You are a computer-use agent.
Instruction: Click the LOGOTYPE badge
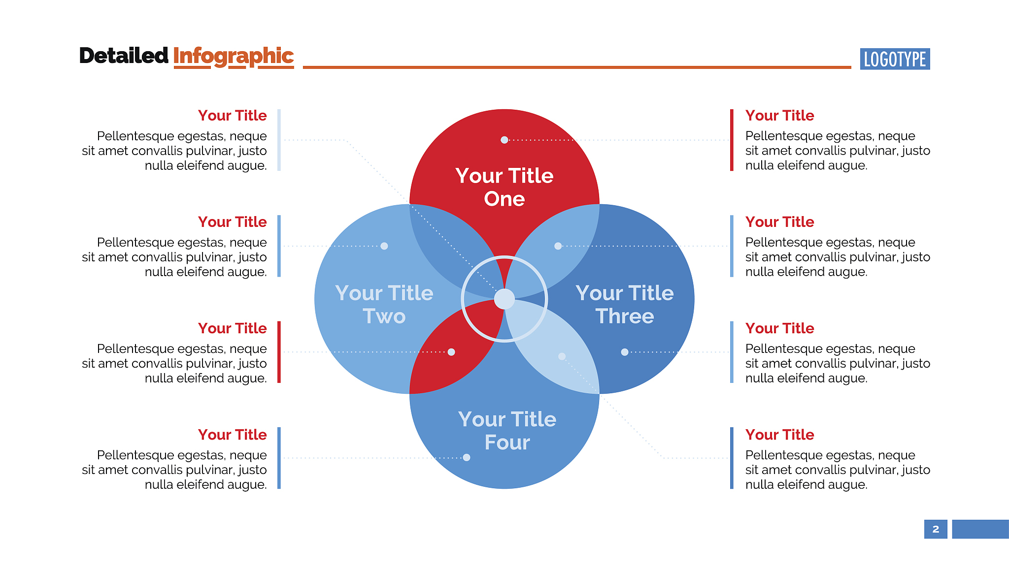(x=895, y=59)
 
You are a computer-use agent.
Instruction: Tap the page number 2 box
(x=936, y=529)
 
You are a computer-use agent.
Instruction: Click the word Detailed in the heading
(x=124, y=56)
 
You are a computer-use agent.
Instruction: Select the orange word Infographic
(x=234, y=57)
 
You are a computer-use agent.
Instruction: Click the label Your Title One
(x=504, y=187)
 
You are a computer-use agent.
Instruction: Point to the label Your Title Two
(x=384, y=305)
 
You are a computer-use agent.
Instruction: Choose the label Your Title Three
(x=625, y=305)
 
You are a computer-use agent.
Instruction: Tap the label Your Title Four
(x=507, y=431)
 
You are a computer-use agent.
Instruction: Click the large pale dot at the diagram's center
(x=504, y=299)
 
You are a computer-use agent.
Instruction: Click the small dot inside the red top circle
(x=504, y=140)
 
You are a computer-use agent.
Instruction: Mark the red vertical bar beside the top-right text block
(x=732, y=140)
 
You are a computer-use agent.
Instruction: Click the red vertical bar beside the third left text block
(x=279, y=352)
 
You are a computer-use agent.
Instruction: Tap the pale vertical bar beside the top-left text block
(x=279, y=140)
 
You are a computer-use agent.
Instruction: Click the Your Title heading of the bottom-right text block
(x=779, y=435)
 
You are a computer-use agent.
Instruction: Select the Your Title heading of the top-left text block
(x=233, y=116)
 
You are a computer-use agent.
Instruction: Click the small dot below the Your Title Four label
(x=467, y=457)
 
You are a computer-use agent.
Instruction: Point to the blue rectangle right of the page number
(x=980, y=529)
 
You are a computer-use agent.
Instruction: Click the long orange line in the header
(x=577, y=67)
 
